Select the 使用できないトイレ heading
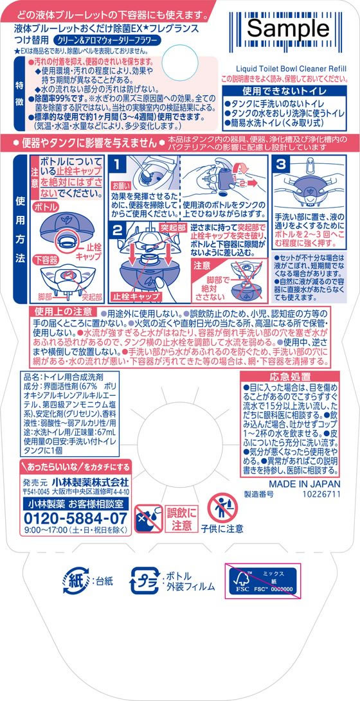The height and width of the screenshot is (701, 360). point(286,91)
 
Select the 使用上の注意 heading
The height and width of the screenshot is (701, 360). point(60,312)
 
